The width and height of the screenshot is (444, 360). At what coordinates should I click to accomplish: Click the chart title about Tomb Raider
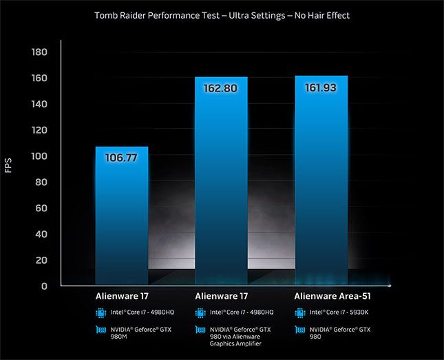pos(222,15)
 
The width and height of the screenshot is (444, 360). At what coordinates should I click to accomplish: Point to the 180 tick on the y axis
pos(39,52)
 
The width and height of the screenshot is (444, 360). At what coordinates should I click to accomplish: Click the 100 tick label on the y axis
pos(39,156)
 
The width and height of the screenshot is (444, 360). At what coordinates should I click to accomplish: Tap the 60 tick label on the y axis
pos(41,208)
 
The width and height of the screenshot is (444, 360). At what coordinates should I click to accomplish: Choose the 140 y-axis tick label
pos(39,104)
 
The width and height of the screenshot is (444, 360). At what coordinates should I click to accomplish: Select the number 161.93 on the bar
pos(321,88)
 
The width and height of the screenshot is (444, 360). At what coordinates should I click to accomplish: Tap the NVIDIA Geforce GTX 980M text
pos(142,333)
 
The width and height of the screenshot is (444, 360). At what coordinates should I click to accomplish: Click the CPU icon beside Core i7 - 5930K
pos(300,313)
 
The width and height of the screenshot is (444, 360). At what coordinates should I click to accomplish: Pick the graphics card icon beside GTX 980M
pos(101,330)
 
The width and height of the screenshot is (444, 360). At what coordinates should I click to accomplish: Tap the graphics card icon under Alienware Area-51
pos(300,330)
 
